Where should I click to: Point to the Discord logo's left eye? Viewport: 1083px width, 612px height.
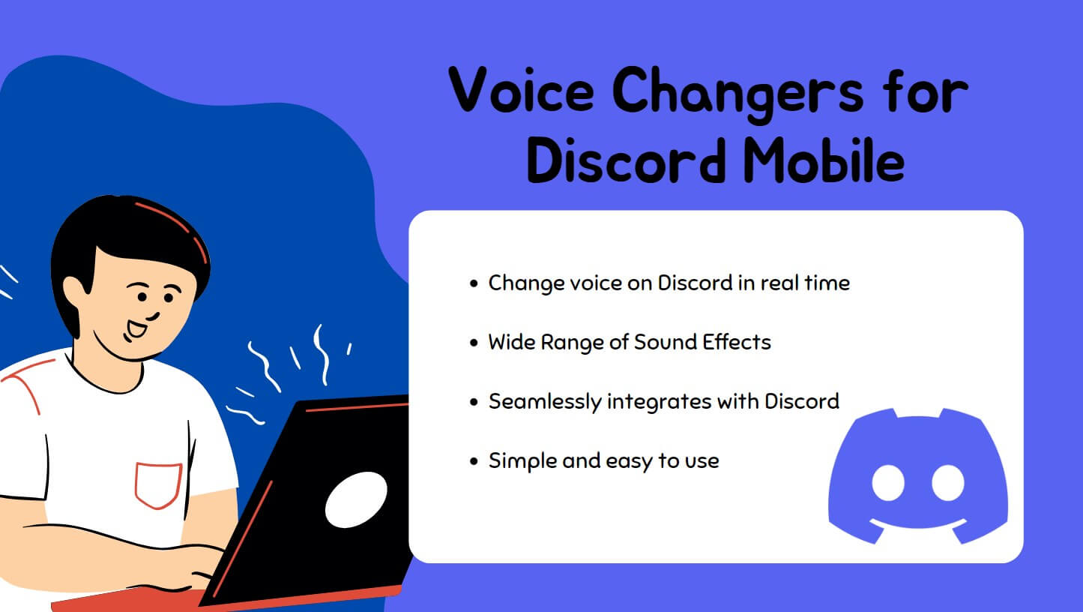[x=889, y=483]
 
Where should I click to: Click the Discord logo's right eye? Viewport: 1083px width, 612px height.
[x=947, y=483]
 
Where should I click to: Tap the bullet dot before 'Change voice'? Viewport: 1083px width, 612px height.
[x=473, y=284]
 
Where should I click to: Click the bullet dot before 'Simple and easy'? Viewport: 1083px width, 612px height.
[x=473, y=461]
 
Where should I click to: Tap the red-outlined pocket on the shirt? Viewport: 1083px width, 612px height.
[x=158, y=484]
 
